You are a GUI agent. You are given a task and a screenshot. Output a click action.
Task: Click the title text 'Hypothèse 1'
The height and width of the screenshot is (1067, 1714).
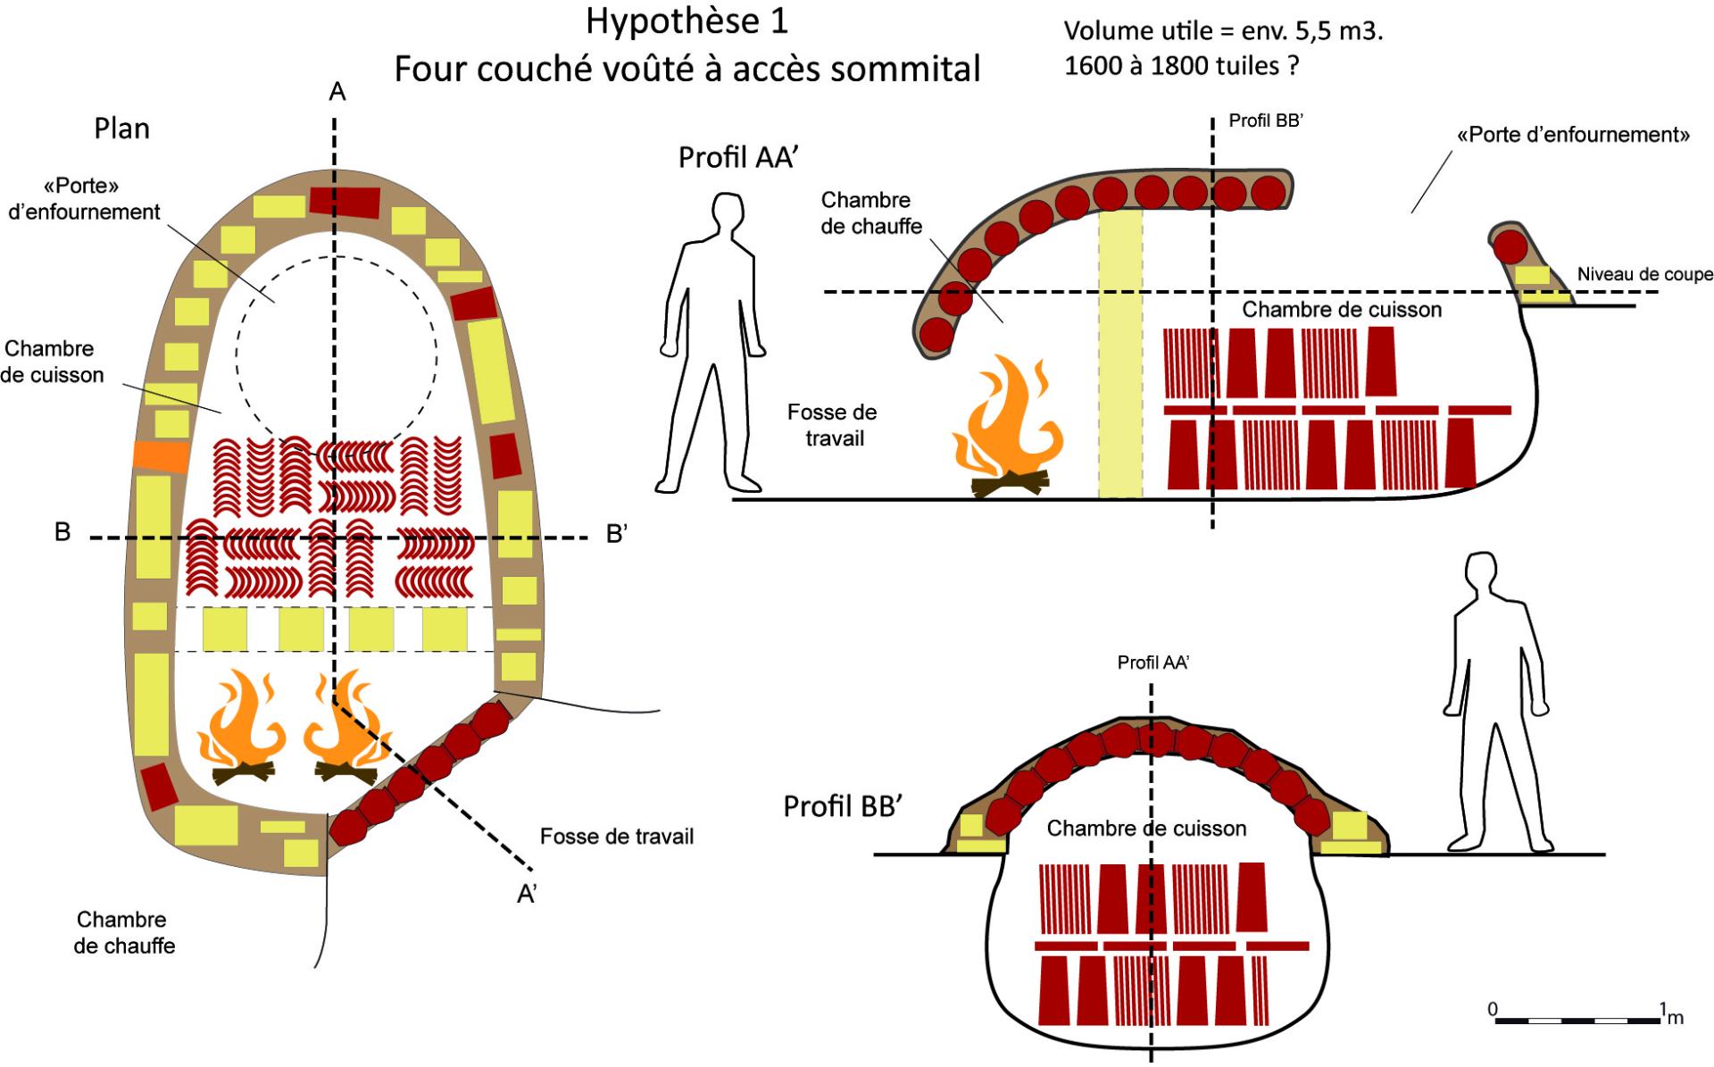[x=686, y=21]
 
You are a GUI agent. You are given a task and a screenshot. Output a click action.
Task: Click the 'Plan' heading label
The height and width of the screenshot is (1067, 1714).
[x=121, y=129]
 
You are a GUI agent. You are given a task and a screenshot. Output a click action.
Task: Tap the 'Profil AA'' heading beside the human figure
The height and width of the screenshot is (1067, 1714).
[x=737, y=157]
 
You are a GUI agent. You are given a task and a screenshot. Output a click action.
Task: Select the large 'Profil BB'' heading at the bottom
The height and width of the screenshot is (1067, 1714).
[x=844, y=805]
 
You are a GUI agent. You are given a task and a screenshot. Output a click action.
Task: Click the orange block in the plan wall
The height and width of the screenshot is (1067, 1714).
[x=161, y=456]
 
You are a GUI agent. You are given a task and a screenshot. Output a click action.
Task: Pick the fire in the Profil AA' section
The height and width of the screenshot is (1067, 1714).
[x=1007, y=426]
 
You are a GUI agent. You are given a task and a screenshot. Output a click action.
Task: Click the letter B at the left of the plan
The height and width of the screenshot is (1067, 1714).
[x=62, y=533]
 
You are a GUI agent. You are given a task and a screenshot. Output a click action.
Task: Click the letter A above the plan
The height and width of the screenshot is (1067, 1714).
[x=337, y=92]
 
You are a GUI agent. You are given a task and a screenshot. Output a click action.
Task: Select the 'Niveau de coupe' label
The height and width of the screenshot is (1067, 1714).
[x=1644, y=274]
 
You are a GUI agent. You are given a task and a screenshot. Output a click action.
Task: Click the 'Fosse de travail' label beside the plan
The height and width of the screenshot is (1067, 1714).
[x=616, y=837]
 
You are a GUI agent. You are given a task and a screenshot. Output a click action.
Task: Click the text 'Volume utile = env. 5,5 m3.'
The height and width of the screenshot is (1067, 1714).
[x=1223, y=32]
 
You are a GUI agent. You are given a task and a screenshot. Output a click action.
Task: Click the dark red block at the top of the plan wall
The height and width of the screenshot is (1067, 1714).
[x=345, y=201]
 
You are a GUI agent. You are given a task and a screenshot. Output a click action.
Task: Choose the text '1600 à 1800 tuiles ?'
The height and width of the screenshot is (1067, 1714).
[x=1181, y=66]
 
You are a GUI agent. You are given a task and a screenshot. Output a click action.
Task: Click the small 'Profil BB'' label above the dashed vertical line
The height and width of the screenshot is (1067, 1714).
[x=1266, y=121]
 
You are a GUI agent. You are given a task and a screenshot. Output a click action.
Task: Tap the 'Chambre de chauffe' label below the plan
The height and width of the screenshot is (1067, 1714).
[x=123, y=932]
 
